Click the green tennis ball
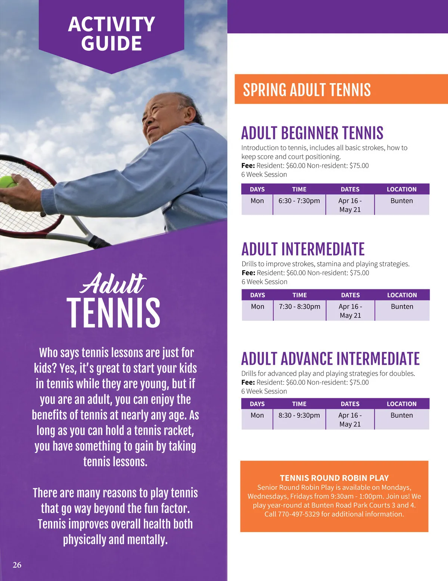click(8, 182)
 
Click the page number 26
click(17, 565)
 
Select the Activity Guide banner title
click(111, 34)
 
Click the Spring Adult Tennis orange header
click(307, 90)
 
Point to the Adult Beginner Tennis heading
click(312, 133)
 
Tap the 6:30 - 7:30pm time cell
click(299, 201)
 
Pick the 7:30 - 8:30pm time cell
click(299, 307)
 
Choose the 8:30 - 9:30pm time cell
click(299, 415)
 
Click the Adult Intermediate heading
click(303, 249)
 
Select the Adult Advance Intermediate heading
click(330, 359)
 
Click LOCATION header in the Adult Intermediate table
click(402, 295)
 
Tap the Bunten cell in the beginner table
click(402, 201)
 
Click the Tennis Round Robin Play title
click(334, 478)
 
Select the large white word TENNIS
click(113, 313)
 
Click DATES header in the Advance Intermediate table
click(350, 404)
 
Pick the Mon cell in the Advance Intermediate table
click(257, 415)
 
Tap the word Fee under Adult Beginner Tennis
click(248, 166)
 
